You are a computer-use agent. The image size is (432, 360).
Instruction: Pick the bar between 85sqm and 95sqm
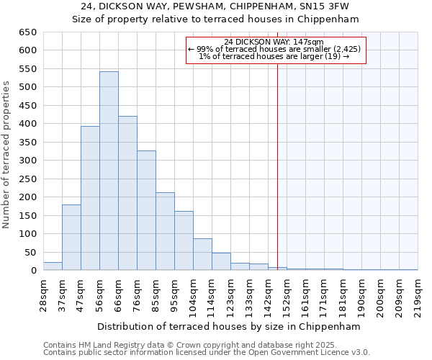165,231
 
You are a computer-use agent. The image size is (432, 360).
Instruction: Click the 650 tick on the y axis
27,32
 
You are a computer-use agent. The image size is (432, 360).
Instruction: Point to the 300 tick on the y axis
27,161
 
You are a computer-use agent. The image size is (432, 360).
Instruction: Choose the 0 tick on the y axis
33,271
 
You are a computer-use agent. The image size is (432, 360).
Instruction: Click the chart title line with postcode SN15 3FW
215,6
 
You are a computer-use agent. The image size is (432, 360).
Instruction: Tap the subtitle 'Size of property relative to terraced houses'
215,19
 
